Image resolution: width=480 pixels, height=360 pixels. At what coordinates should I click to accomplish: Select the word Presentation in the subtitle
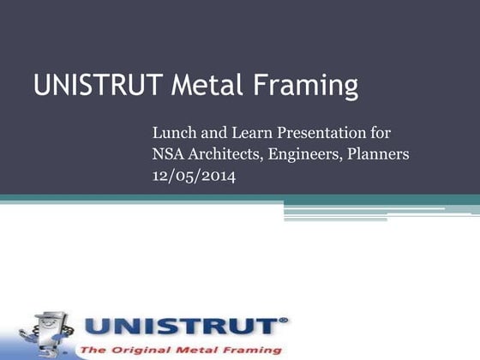tap(322, 134)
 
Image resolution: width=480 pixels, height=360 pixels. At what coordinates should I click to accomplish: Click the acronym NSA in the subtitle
tap(169, 155)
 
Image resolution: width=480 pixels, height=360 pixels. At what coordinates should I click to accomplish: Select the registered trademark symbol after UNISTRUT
tap(285, 320)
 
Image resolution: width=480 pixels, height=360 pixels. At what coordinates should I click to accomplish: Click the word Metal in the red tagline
tap(201, 351)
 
